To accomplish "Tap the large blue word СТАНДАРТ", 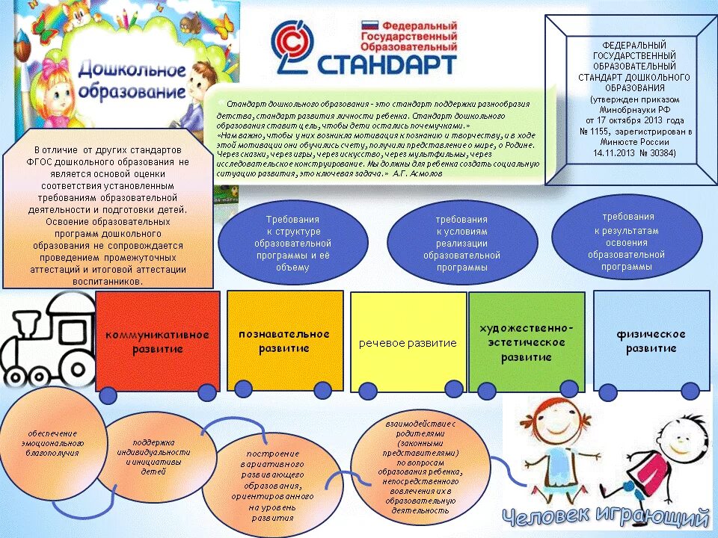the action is [387, 64].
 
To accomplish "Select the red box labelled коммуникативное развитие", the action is [157, 341].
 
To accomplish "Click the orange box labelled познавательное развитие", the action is [284, 340].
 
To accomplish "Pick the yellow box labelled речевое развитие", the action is [408, 343].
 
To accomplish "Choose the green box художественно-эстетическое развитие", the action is [527, 342].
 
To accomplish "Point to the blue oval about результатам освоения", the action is [627, 237].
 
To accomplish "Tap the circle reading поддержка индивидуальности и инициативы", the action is [153, 457].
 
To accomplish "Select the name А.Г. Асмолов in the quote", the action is [417, 173].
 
